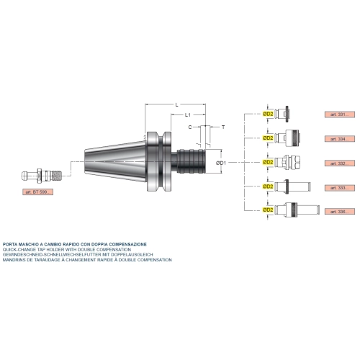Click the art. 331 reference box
340,114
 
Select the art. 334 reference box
340,139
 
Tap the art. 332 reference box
340,163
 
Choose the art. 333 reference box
340,188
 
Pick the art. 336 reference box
340,212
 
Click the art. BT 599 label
38,192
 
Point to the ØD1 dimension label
221,163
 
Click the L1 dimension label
188,115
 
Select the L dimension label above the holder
177,104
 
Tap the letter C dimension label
190,127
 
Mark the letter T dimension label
223,127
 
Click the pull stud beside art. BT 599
42,176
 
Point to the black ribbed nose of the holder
191,161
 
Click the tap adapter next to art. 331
282,114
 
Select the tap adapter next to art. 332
287,162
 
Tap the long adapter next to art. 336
297,210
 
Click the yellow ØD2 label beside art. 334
268,138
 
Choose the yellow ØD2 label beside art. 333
268,186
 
